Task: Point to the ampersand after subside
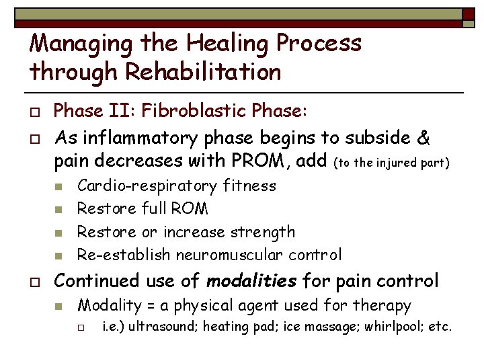click(x=424, y=137)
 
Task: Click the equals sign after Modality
click(x=153, y=306)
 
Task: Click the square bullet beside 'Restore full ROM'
click(x=59, y=210)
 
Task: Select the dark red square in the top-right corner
click(x=469, y=13)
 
